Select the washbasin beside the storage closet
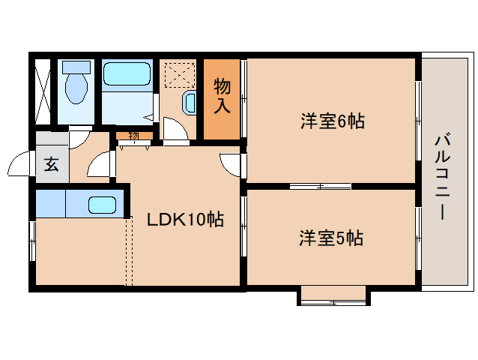point(189,103)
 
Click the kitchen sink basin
point(102,204)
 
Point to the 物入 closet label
point(222,95)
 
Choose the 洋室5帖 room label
point(331,238)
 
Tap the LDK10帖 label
point(184,220)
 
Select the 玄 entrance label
point(50,163)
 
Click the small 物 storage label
point(133,136)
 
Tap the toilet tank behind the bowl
point(74,67)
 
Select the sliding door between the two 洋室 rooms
point(320,185)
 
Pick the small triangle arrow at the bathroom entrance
point(149,118)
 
